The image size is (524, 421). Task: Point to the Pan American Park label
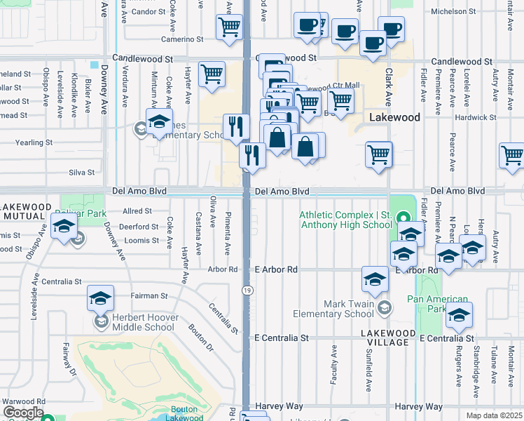tap(437, 304)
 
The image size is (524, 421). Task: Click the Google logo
tap(23, 413)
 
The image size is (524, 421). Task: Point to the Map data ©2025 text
tap(494, 415)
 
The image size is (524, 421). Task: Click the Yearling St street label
tap(34, 142)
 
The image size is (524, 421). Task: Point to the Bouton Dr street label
tap(199, 335)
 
